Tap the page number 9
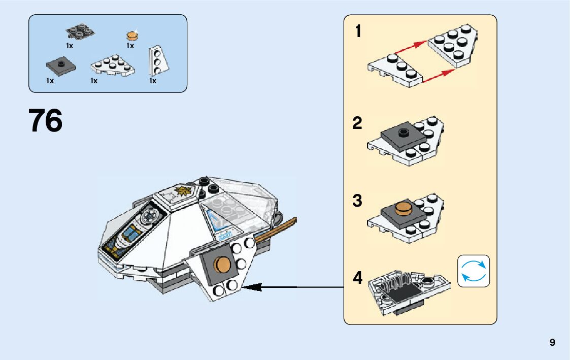coord(552,343)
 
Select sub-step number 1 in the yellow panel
coord(358,32)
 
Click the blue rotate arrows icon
coord(474,271)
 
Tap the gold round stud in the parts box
coord(132,36)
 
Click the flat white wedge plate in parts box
coord(113,67)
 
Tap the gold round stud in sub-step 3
coord(404,208)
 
